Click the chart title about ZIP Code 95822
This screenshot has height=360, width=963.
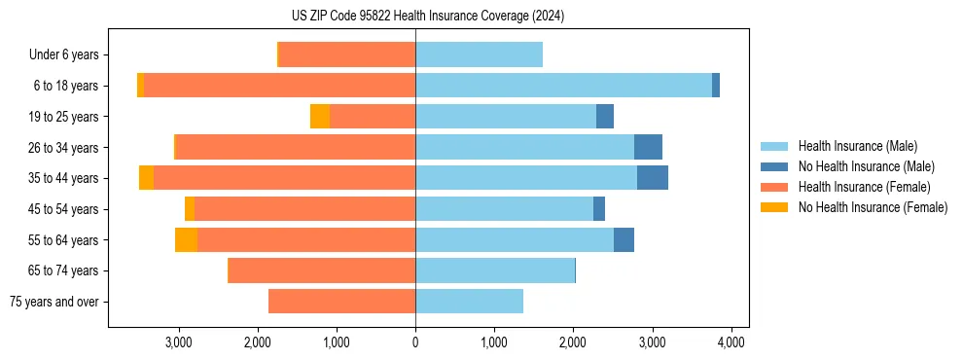click(x=427, y=17)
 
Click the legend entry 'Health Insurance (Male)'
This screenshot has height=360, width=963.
click(x=857, y=146)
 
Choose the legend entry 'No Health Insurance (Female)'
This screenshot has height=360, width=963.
click(x=873, y=207)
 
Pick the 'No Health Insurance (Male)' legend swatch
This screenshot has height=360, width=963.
click(x=775, y=166)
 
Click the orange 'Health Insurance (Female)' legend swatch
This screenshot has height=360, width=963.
click(x=775, y=187)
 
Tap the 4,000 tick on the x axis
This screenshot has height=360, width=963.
click(x=731, y=342)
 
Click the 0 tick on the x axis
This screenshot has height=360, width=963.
click(x=415, y=342)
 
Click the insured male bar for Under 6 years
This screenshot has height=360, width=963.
click(x=479, y=54)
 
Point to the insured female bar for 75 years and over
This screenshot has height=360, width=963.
click(x=341, y=302)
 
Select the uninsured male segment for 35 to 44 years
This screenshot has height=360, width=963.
click(x=653, y=178)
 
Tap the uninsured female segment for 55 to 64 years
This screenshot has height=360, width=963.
click(x=186, y=240)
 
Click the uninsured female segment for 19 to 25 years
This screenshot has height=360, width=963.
click(x=320, y=117)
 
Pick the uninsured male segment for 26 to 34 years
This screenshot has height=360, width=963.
click(x=648, y=148)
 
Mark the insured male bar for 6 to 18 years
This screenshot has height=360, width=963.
click(x=563, y=86)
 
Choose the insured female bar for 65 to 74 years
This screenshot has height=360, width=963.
click(x=322, y=270)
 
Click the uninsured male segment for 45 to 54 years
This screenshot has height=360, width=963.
click(x=599, y=209)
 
